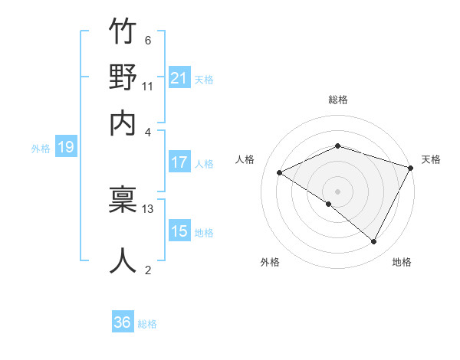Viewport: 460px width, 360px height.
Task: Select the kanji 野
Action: coord(123,78)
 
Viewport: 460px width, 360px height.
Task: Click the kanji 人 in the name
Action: coord(123,260)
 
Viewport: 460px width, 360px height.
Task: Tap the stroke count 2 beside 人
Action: coord(147,269)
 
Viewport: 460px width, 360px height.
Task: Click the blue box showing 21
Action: coord(179,78)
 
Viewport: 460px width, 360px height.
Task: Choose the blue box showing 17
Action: coord(179,162)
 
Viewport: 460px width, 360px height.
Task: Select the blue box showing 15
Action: coord(179,231)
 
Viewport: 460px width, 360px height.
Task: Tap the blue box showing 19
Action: coord(65,148)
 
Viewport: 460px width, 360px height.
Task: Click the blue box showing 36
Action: coord(123,322)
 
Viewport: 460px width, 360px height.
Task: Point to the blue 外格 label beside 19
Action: coord(41,149)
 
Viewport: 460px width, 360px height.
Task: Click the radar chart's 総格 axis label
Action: coord(337,100)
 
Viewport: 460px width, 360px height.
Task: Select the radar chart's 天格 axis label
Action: coord(431,159)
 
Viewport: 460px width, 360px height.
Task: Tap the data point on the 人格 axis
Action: coord(280,172)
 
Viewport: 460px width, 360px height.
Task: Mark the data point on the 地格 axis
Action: coord(374,242)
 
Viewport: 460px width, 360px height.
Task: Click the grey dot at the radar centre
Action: coord(337,191)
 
